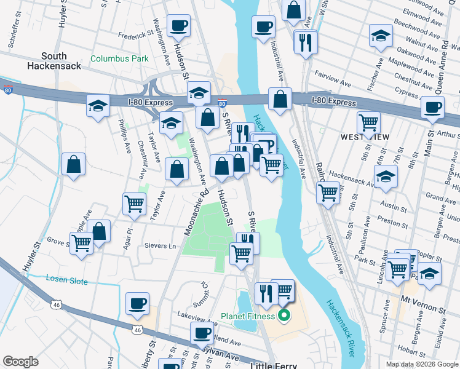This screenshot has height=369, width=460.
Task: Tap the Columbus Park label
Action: coord(119,60)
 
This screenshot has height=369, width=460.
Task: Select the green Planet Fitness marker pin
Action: coord(284,317)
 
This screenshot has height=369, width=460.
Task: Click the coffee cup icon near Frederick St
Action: coord(178,26)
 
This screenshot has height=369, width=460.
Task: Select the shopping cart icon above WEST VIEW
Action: coord(368,122)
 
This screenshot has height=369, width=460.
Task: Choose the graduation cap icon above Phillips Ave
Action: coord(98,106)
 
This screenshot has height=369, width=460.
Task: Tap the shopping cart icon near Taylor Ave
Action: coord(134,203)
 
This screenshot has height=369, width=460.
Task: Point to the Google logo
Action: coord(20,362)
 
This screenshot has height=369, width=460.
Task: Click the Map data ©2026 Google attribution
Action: coord(421,364)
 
